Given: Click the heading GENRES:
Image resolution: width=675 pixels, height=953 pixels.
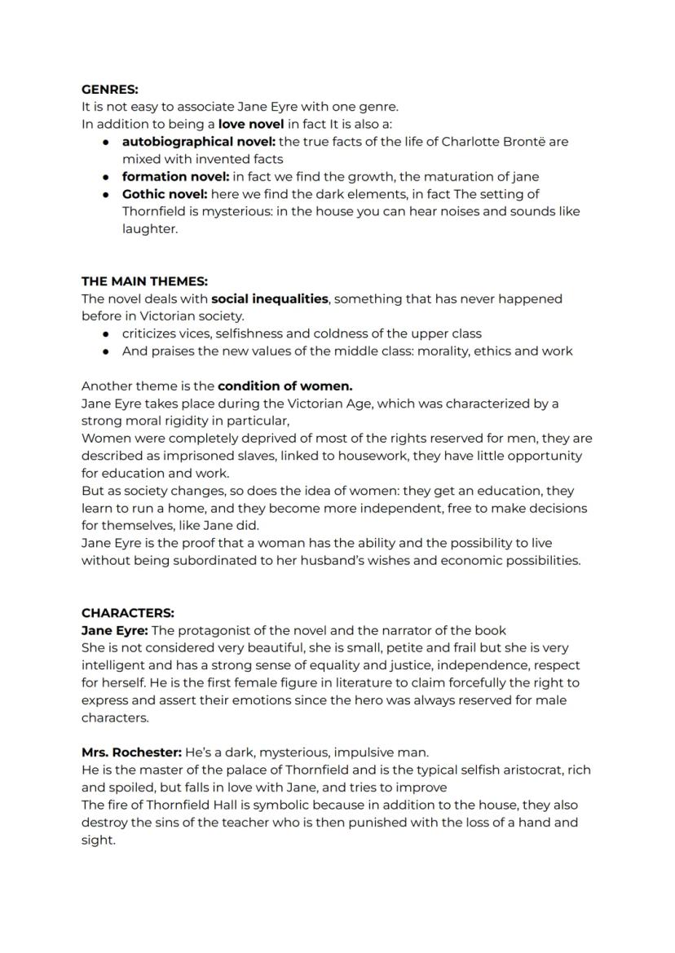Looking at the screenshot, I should [x=109, y=89].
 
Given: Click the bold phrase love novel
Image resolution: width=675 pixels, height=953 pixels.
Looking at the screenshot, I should [x=251, y=124].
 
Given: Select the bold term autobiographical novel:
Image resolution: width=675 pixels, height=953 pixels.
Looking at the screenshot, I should [x=199, y=142].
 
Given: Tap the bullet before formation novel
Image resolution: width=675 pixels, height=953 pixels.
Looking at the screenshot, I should [x=106, y=177].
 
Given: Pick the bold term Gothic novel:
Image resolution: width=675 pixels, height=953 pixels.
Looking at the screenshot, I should [x=165, y=194].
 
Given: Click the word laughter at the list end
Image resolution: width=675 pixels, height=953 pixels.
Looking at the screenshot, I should [x=150, y=229].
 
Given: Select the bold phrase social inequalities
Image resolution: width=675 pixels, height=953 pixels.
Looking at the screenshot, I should [x=269, y=299].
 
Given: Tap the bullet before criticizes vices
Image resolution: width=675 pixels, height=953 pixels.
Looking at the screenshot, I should [x=106, y=333].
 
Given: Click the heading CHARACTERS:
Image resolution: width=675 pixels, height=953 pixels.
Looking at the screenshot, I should [x=127, y=612].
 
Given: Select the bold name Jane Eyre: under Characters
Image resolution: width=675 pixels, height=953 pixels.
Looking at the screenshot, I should [x=114, y=630].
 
